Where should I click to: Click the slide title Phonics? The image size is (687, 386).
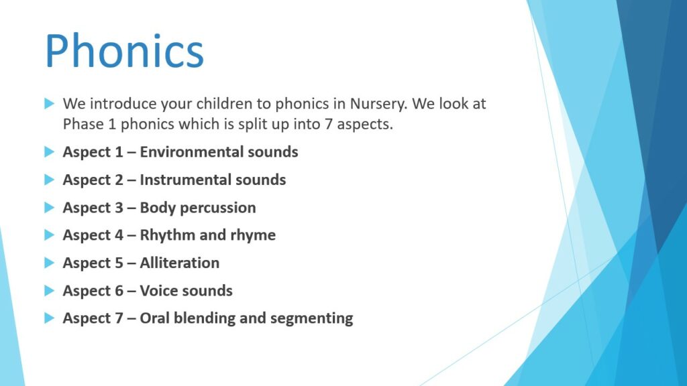(124, 51)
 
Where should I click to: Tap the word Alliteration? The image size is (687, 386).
(180, 263)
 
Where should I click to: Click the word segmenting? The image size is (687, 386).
(311, 319)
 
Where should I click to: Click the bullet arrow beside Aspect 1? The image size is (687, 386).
(49, 152)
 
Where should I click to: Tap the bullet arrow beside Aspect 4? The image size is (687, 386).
(49, 235)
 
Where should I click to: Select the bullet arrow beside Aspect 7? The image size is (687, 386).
(49, 318)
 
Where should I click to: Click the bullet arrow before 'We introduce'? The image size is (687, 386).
(49, 104)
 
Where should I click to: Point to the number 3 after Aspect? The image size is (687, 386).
(119, 208)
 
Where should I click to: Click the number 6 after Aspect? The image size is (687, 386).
(119, 291)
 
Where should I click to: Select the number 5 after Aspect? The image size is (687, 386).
(119, 263)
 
